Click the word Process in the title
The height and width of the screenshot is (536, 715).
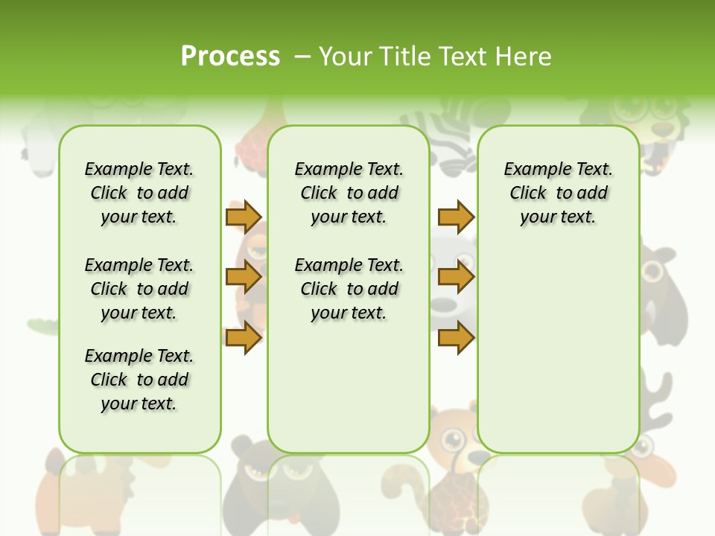coord(230,57)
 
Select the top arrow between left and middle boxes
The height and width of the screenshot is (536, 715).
coord(243,217)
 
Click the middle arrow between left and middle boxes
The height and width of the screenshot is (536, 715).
coord(243,277)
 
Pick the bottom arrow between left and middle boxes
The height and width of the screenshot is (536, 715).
coord(243,337)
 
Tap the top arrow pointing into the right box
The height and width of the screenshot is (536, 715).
coord(456,217)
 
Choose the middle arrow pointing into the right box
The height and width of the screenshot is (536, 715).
coord(456,277)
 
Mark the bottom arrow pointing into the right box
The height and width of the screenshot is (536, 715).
coord(456,337)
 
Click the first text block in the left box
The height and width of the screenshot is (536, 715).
coord(139,193)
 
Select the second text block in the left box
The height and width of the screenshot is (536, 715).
coord(139,289)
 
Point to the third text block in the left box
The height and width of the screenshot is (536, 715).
coord(139,380)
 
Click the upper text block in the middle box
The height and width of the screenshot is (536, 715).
coord(349,193)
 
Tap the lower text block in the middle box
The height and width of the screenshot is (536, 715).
coord(349,289)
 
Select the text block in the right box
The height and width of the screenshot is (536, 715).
coord(558,193)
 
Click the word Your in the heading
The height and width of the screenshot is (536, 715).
coord(346,57)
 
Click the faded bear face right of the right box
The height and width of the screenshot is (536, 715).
coord(658,275)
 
